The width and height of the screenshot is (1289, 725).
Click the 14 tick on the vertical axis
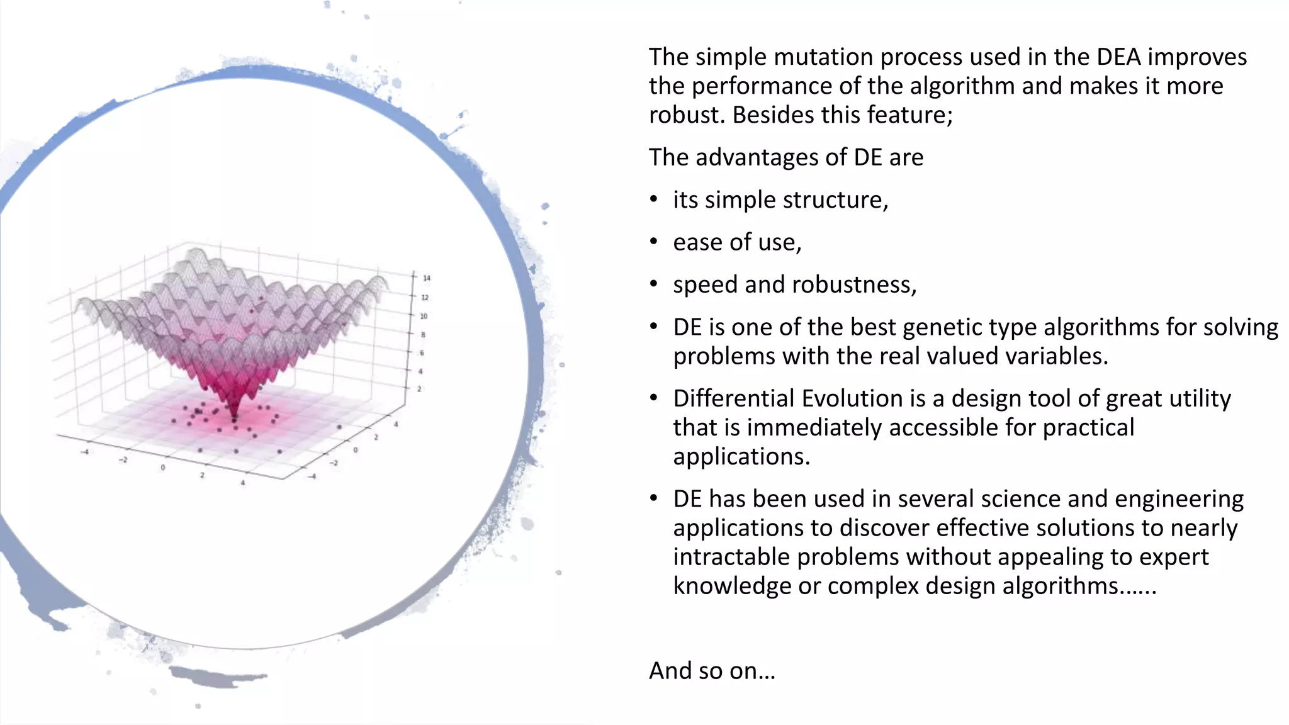click(426, 278)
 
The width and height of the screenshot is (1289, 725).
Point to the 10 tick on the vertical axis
click(424, 316)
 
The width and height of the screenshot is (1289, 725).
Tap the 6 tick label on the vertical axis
click(422, 353)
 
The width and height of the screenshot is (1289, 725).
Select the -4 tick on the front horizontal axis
click(85, 451)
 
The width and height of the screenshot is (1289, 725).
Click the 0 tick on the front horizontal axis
click(163, 467)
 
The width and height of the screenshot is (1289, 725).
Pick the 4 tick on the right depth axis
click(396, 425)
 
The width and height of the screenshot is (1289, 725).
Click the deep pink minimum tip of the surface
click(235, 416)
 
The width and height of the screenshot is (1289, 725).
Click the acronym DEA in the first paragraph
click(1118, 57)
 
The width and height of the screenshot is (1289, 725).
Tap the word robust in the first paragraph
click(687, 115)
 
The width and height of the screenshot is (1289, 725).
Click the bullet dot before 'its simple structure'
click(654, 200)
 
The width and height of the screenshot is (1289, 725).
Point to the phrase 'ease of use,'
click(737, 242)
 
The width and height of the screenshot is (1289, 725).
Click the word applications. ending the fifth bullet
click(741, 456)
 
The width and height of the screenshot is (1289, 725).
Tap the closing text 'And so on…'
click(712, 671)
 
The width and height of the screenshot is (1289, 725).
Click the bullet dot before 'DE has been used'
click(654, 499)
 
